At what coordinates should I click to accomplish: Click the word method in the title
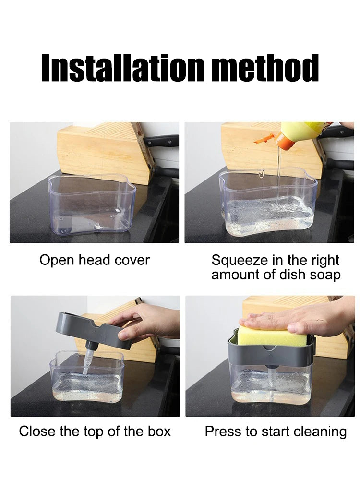(x=265, y=68)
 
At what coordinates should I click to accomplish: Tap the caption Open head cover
(x=95, y=260)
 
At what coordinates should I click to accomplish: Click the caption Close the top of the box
(x=95, y=431)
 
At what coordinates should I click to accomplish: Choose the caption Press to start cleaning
(x=276, y=431)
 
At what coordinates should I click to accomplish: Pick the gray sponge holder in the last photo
(x=269, y=355)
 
